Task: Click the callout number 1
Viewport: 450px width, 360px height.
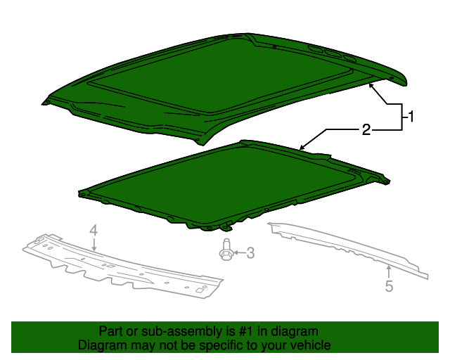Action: [412, 117]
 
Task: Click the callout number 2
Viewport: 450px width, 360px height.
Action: [366, 129]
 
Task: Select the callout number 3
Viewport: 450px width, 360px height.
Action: [250, 252]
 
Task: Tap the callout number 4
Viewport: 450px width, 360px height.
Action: [92, 230]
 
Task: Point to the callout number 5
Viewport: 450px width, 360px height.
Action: [388, 285]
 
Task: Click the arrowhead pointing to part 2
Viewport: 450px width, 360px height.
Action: [302, 148]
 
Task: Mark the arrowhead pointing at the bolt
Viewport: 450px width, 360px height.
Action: [235, 252]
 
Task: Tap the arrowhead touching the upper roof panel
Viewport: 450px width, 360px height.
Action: [371, 84]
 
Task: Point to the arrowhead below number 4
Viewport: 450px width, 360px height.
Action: [94, 248]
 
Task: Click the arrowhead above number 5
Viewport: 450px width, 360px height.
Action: [385, 268]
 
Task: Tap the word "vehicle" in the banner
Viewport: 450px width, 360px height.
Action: [311, 345]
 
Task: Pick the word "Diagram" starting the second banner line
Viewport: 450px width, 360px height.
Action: [100, 345]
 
